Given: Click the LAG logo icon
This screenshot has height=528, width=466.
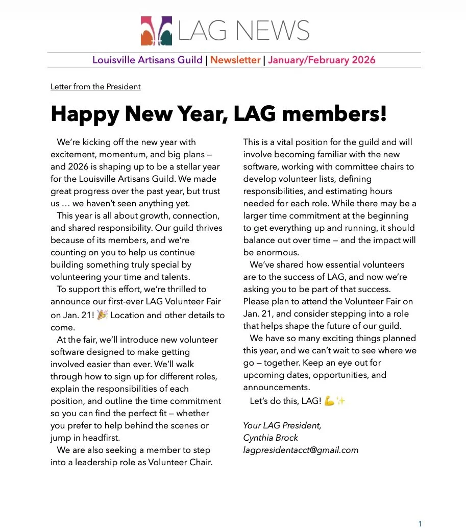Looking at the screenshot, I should (x=156, y=31).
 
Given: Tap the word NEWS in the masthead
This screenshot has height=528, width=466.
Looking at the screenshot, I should (x=273, y=31).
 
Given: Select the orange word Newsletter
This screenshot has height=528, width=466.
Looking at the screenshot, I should (x=235, y=60).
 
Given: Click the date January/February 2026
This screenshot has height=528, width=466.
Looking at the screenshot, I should (x=322, y=60).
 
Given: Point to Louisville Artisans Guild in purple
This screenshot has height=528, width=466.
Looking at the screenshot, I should (x=148, y=60).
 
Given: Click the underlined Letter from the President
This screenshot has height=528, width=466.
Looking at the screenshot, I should (x=95, y=87).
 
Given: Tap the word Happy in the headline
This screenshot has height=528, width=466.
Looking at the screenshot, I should (x=84, y=114).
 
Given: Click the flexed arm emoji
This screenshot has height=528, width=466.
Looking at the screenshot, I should (x=329, y=401).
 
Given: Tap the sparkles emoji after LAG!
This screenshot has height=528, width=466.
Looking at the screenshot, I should (x=340, y=401).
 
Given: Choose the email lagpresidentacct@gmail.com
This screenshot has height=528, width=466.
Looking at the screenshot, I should (x=301, y=450).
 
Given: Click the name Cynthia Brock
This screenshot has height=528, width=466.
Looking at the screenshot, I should (x=271, y=438).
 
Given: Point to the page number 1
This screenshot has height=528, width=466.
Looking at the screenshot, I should (x=420, y=523).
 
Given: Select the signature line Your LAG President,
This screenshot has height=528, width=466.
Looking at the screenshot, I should (x=282, y=426).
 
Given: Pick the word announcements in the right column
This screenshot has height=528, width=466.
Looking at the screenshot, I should (x=276, y=388).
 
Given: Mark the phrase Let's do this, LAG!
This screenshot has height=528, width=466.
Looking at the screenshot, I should (x=285, y=401).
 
